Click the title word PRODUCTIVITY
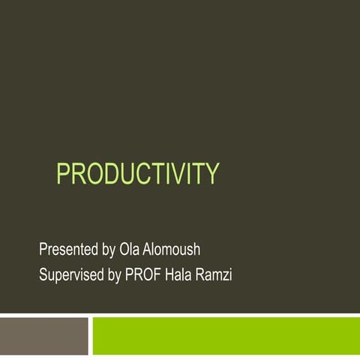[138, 174]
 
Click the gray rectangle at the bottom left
[43, 335]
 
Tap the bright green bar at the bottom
[225, 335]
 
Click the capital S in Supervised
[43, 275]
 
